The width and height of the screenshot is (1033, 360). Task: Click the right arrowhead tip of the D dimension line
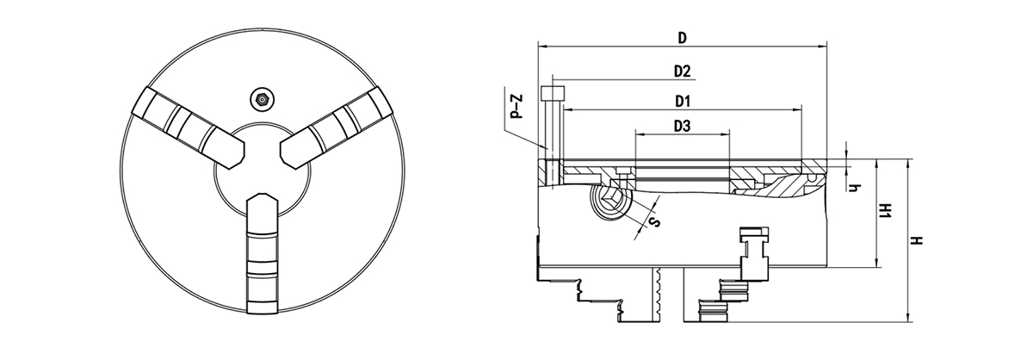(826, 47)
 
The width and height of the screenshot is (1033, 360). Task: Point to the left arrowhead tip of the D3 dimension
(635, 134)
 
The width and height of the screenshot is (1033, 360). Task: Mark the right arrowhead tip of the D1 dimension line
(801, 110)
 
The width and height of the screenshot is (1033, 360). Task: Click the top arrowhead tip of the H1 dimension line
(877, 160)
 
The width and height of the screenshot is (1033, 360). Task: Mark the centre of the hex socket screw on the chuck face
(263, 99)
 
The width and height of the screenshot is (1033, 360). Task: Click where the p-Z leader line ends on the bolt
(547, 149)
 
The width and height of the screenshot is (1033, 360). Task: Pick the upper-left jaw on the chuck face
(189, 127)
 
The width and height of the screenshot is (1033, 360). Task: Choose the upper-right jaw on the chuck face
(337, 127)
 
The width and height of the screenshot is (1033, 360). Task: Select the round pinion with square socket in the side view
(609, 202)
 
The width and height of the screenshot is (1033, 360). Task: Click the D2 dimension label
(682, 71)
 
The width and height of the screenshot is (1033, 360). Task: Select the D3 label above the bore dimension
(682, 126)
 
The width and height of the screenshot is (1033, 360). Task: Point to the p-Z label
(517, 107)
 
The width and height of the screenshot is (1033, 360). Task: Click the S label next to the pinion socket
(654, 222)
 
